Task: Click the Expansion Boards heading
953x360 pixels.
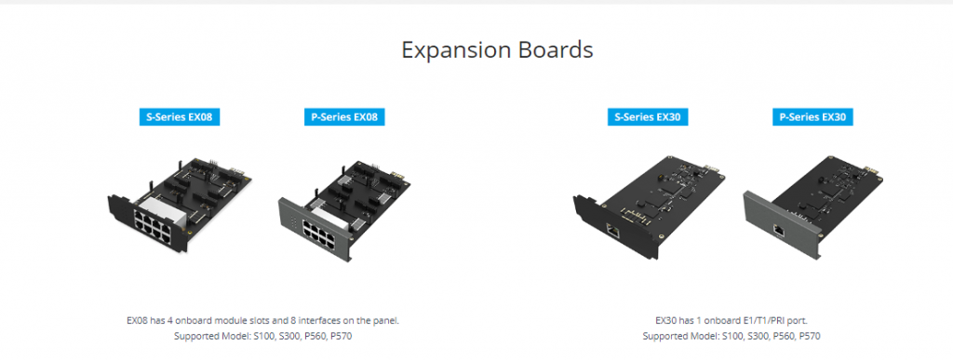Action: tap(497, 49)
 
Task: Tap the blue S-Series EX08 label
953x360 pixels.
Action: tap(182, 117)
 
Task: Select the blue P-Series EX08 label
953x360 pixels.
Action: tap(343, 117)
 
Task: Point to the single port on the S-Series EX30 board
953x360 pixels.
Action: tap(614, 229)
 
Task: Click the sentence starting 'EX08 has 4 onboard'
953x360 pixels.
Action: tap(262, 320)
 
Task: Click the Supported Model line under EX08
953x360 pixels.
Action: tap(262, 336)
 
